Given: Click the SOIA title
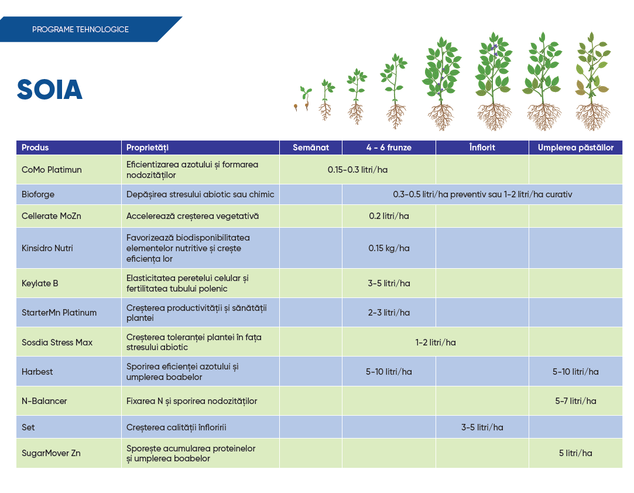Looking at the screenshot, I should click(x=49, y=90).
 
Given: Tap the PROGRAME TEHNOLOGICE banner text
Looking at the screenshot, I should click(x=80, y=29).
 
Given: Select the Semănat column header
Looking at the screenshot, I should click(x=311, y=148).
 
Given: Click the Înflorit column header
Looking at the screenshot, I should click(x=482, y=148).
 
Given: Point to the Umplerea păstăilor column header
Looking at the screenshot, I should click(x=575, y=148).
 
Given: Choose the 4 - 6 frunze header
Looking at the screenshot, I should click(x=389, y=148).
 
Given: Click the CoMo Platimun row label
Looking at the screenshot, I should click(x=52, y=170).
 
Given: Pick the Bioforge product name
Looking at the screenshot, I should click(x=37, y=194).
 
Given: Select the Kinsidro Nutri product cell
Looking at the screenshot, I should click(x=47, y=248).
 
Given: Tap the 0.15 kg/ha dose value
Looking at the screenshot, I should click(x=389, y=248).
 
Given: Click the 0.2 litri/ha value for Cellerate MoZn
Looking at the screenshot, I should click(x=389, y=216).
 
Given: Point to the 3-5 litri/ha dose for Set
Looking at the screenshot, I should click(x=482, y=427).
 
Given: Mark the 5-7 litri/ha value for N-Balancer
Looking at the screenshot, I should click(x=575, y=401).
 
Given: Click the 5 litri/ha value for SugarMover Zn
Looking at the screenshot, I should click(x=575, y=453).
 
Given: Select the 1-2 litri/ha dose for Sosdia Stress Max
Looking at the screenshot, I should click(x=436, y=343).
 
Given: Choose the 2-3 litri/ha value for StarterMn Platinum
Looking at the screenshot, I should click(x=389, y=313).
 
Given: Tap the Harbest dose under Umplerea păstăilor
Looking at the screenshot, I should click(x=575, y=372).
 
